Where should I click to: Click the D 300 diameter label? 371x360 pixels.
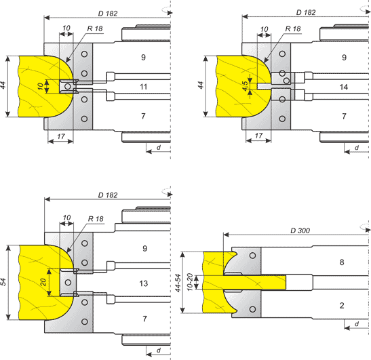click(300, 231)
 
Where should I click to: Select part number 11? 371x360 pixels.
click(143, 87)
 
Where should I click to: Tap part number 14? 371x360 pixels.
click(344, 87)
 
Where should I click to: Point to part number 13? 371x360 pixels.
click(144, 283)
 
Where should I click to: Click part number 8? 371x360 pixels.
click(342, 262)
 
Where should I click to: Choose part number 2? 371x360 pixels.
click(342, 306)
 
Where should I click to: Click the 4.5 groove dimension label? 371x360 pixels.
click(245, 86)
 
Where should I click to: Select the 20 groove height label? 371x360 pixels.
click(43, 282)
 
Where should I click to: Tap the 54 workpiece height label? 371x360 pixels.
click(3, 282)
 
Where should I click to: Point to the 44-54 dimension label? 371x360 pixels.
click(178, 283)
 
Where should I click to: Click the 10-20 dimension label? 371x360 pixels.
click(190, 282)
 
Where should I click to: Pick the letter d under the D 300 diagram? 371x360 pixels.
click(357, 324)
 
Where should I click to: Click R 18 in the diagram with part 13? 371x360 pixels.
click(96, 219)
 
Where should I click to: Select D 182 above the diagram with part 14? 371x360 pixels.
click(306, 12)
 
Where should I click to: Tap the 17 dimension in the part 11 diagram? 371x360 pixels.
click(61, 136)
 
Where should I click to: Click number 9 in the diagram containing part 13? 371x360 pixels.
click(144, 248)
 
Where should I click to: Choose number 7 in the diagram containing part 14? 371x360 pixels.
click(344, 116)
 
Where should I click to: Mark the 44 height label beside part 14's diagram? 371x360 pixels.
click(201, 85)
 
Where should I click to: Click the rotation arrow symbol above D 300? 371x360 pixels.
click(365, 228)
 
